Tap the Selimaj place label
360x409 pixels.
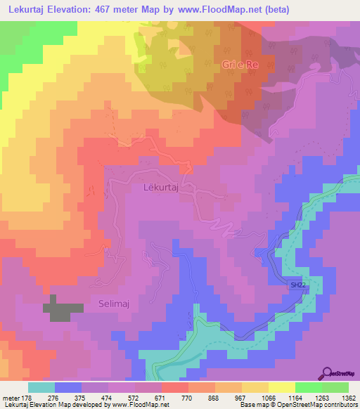point(108,304)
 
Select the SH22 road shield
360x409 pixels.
point(299,285)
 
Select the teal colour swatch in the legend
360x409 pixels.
point(41,387)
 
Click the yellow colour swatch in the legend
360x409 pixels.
point(282,387)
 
